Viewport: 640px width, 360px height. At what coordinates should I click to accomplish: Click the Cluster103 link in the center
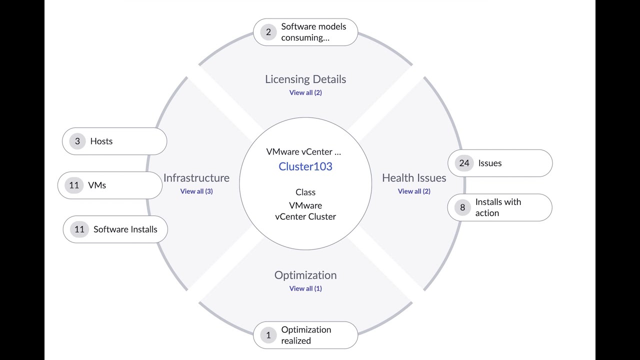[x=305, y=166]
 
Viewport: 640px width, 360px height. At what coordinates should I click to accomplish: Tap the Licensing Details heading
[x=305, y=79]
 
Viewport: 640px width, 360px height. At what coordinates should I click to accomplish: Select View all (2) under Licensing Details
[x=305, y=92]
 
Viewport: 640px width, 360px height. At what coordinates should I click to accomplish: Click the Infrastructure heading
[x=196, y=178]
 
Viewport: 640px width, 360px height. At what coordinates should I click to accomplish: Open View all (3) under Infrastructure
[x=196, y=191]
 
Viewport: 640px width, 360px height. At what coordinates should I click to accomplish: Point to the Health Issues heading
[x=414, y=178]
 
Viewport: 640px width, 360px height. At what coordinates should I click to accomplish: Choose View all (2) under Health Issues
[x=414, y=191]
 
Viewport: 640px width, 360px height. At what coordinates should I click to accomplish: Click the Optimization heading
[x=305, y=275]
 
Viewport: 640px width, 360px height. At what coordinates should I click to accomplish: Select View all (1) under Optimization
[x=305, y=288]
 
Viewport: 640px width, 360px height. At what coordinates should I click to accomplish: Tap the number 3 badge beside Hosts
[x=77, y=141]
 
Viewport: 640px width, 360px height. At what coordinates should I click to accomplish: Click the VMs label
[x=97, y=185]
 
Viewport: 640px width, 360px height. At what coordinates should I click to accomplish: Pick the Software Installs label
[x=125, y=229]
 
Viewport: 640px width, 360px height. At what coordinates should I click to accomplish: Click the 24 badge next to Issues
[x=464, y=163]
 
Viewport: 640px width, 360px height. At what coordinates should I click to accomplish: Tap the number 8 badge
[x=462, y=207]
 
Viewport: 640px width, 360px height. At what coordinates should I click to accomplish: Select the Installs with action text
[x=498, y=207]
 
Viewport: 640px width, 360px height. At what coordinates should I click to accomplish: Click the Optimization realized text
[x=306, y=335]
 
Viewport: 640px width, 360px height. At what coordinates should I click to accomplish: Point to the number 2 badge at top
[x=268, y=32]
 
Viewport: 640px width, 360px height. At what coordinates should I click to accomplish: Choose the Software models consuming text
[x=313, y=32]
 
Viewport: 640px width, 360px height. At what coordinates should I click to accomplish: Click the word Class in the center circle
[x=305, y=192]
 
